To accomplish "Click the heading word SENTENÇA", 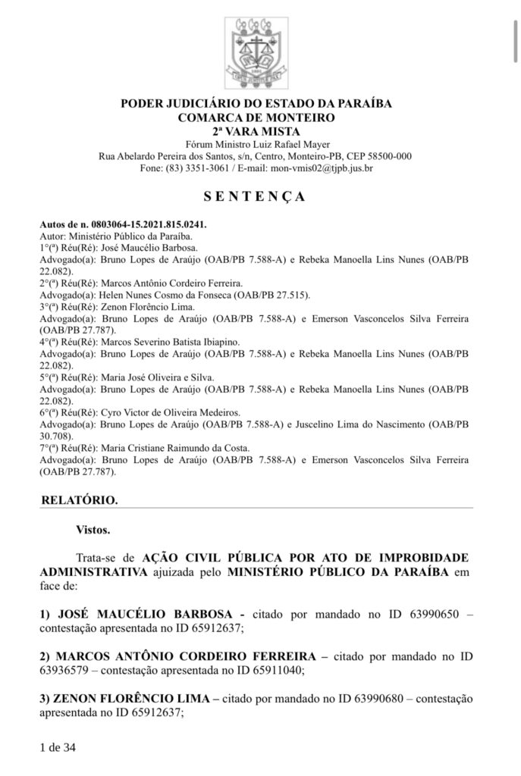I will (256, 197).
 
